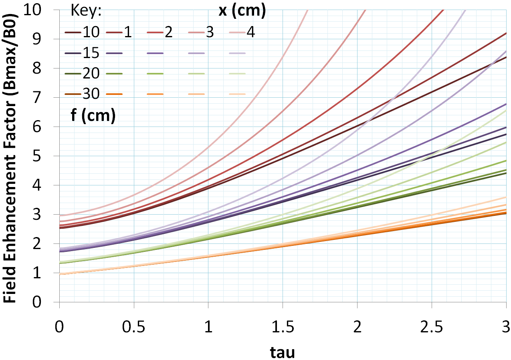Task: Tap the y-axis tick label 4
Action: [x=47, y=185]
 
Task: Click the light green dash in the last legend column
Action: [x=237, y=74]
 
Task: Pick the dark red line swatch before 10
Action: [x=73, y=32]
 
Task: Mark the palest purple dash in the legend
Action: [x=237, y=53]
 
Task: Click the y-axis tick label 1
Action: [x=47, y=273]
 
